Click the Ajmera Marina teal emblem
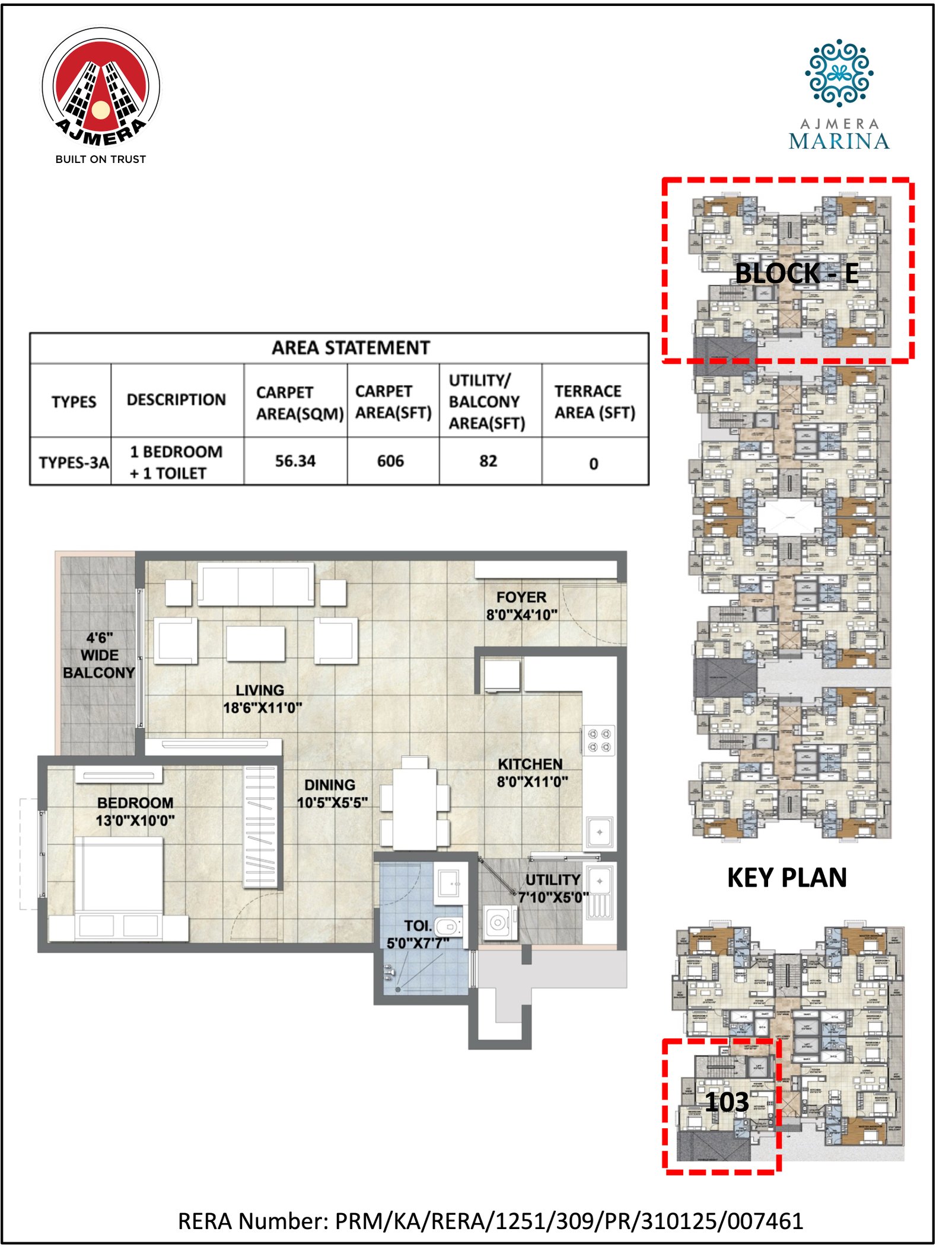tap(838, 72)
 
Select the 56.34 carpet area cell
tap(295, 461)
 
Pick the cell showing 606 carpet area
tap(390, 461)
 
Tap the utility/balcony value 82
tap(488, 461)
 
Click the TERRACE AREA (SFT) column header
tap(594, 402)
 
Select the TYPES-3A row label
tap(74, 462)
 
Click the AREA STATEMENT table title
tap(350, 348)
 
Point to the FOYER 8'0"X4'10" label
tap(521, 606)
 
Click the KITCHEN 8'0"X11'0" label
tap(531, 773)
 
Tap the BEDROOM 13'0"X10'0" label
tap(135, 811)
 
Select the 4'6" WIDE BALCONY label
tap(98, 655)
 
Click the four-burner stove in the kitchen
tap(598, 740)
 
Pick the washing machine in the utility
tap(498, 923)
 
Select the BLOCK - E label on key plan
tap(796, 273)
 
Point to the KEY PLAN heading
tap(786, 878)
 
